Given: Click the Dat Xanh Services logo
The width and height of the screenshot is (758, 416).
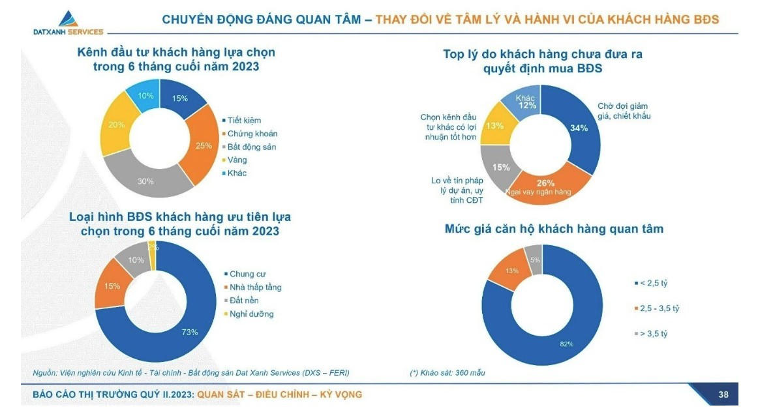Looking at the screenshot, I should click(x=68, y=23).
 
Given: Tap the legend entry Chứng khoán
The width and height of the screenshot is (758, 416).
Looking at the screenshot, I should click(x=252, y=134).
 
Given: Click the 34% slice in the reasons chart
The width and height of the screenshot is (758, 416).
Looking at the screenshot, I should click(x=578, y=127).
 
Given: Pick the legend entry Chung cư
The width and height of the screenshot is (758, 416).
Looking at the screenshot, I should click(x=247, y=274).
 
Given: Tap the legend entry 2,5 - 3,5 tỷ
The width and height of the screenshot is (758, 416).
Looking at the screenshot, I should click(x=661, y=308).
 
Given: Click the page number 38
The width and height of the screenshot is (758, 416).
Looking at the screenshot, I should click(x=723, y=394).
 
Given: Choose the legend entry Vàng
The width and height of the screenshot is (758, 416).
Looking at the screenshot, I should click(x=237, y=160).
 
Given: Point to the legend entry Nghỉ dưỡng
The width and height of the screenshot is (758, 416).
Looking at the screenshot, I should click(x=250, y=314).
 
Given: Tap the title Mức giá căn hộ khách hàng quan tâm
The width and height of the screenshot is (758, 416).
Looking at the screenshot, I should click(x=554, y=229).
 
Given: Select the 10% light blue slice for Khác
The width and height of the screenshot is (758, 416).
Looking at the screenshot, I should click(x=145, y=97).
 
